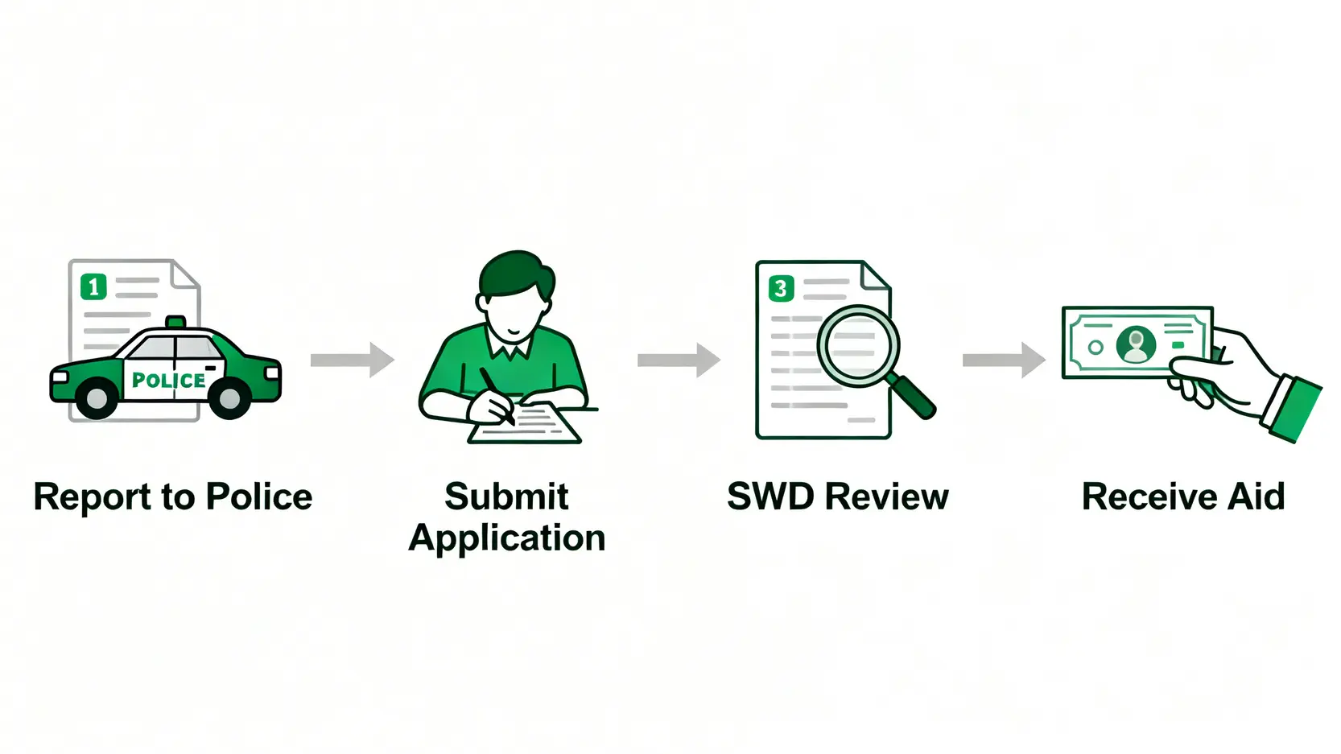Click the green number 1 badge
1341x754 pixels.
pyautogui.click(x=93, y=286)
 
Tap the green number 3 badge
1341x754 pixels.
pyautogui.click(x=781, y=288)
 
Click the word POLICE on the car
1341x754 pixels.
pyautogui.click(x=168, y=380)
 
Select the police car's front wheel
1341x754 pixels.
pyautogui.click(x=229, y=397)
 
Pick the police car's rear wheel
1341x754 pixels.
pyautogui.click(x=97, y=398)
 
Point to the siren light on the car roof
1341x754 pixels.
pyautogui.click(x=175, y=322)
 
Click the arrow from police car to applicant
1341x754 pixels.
pyautogui.click(x=352, y=360)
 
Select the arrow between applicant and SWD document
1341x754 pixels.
pyautogui.click(x=678, y=360)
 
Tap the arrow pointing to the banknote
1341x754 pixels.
pyautogui.click(x=1003, y=360)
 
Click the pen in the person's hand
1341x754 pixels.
pyautogui.click(x=497, y=395)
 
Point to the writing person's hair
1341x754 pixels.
pyautogui.click(x=515, y=273)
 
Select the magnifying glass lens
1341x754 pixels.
pyautogui.click(x=858, y=345)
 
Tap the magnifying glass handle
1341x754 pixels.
pyautogui.click(x=914, y=398)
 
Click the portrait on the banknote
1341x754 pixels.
pyautogui.click(x=1136, y=344)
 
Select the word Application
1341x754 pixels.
pyautogui.click(x=507, y=538)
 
